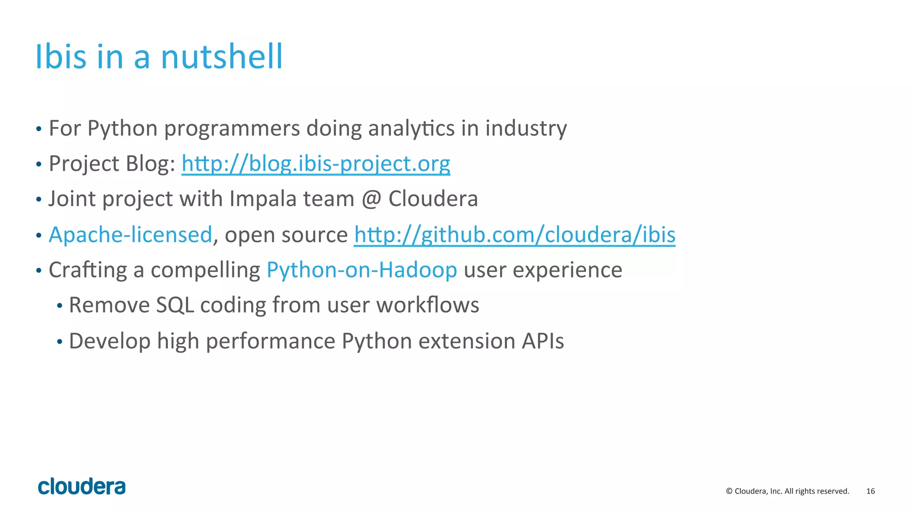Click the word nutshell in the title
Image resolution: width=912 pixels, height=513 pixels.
click(x=221, y=57)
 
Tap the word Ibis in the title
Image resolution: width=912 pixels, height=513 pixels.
click(x=61, y=57)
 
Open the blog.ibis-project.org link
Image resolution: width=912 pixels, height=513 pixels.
click(x=316, y=164)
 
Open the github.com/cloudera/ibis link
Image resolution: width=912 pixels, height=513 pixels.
click(x=514, y=235)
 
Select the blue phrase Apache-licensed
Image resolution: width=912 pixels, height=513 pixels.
click(x=130, y=235)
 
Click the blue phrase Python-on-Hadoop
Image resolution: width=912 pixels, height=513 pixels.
click(x=362, y=270)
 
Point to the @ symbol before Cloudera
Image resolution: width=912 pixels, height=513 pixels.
click(x=371, y=199)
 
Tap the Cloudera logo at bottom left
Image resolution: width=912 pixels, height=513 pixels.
click(x=82, y=487)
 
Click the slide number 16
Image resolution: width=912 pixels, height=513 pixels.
click(x=871, y=491)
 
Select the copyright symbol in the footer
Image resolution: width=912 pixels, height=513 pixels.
click(x=729, y=491)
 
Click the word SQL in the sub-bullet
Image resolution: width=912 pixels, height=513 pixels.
click(x=175, y=306)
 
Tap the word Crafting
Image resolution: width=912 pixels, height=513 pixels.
click(x=88, y=270)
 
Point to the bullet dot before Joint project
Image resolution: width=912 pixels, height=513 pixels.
click(x=39, y=200)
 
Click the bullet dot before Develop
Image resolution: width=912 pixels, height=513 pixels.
click(x=60, y=342)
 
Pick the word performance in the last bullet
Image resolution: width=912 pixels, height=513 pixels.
click(x=270, y=341)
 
